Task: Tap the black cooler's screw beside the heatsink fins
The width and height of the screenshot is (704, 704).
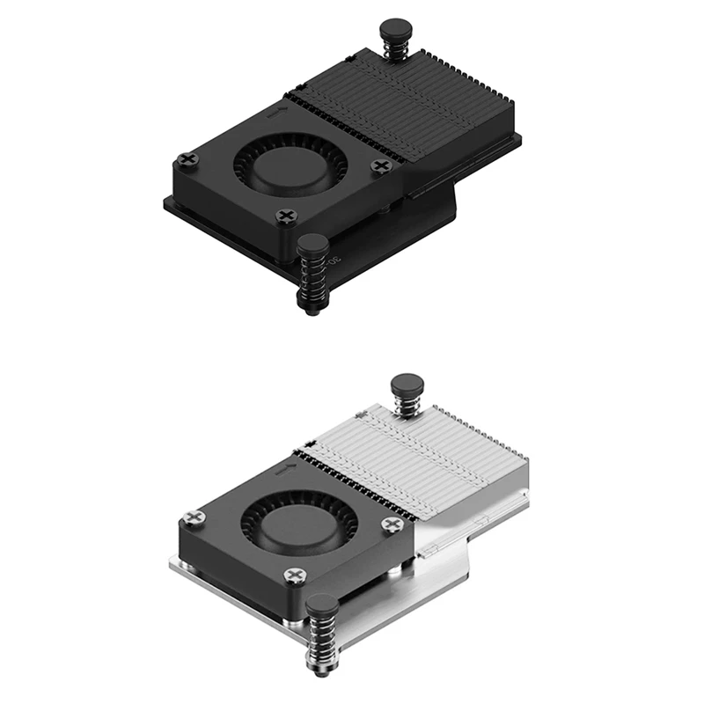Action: [380, 165]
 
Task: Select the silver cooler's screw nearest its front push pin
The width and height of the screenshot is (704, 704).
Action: [294, 576]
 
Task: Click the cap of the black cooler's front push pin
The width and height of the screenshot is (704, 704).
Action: [312, 244]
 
